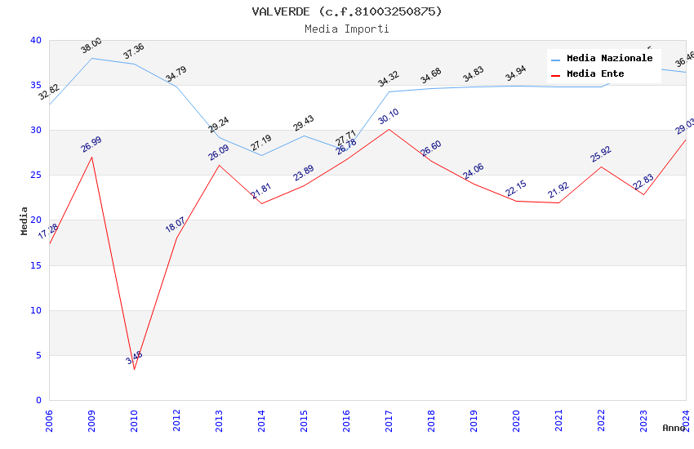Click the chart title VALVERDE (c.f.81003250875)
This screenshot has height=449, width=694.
pos(347,11)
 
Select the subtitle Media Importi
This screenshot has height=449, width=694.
pos(347,29)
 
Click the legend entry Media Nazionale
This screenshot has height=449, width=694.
pos(609,58)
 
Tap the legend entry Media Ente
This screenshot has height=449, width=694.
pos(595,73)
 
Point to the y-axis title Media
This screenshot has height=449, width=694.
pos(24,220)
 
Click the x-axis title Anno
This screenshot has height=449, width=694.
pos(674,428)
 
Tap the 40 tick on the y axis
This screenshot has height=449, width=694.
pos(35,40)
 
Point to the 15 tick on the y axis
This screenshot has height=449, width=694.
pos(35,265)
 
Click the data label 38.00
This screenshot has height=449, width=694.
pos(91,46)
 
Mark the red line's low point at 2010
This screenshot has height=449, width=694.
pos(134,369)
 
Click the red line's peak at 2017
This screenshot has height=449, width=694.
pos(389,129)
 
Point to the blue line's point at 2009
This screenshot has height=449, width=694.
pos(91,58)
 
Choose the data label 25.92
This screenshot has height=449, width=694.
pos(601,154)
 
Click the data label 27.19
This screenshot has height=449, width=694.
pos(261,144)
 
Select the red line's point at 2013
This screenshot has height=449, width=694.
pos(219,165)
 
